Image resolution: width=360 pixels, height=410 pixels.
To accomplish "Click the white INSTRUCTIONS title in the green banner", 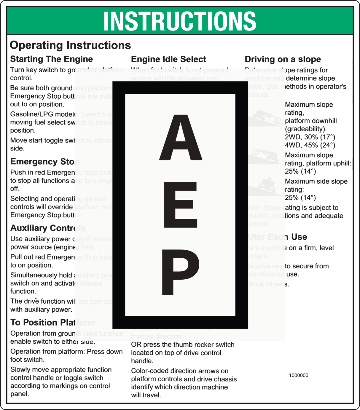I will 180,21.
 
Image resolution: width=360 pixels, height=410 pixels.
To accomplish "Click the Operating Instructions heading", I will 70,45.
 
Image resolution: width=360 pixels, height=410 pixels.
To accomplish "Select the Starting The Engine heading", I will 52,59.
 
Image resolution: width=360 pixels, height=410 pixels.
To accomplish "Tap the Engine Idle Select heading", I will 168,59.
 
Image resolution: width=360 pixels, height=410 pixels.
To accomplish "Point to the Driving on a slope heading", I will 283,59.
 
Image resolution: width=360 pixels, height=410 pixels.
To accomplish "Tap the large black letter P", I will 181,272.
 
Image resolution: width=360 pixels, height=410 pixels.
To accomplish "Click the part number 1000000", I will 299,375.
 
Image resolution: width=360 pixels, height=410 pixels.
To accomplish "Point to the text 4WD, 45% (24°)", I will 310,145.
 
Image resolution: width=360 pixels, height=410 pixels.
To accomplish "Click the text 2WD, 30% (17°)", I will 310,137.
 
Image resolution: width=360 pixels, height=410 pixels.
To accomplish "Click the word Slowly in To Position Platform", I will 20,370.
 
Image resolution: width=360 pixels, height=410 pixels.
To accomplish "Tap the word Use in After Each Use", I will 299,237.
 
